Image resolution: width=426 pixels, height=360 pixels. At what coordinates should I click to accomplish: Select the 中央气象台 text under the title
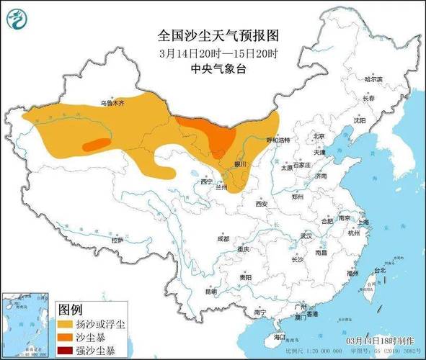coord(217,69)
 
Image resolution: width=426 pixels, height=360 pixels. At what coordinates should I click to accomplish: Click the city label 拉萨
coord(117,239)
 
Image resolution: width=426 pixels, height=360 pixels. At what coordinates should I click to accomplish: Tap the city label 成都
coord(223,238)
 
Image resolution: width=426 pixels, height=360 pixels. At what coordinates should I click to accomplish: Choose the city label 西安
coord(260,204)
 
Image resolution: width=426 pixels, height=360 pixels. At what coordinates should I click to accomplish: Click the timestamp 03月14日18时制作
coord(380,339)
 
